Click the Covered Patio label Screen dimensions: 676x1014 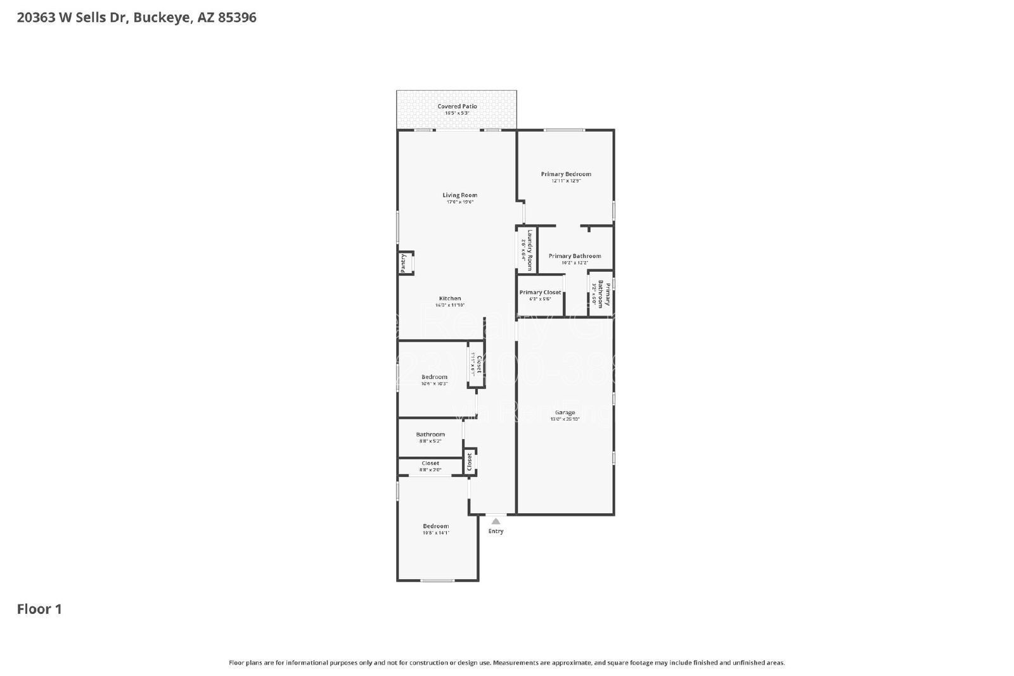pos(457,106)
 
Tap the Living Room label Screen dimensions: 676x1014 pos(459,195)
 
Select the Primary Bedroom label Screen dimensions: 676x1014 pos(566,174)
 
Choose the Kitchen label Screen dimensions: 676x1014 pos(450,298)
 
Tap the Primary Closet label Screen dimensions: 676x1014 pos(540,292)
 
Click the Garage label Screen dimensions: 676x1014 pos(565,412)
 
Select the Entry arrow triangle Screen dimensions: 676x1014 pos(496,521)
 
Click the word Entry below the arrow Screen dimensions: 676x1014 pos(496,531)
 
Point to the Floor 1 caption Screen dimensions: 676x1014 pos(39,609)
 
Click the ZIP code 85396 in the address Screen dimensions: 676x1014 pos(237,17)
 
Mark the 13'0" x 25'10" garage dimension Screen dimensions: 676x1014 pos(565,419)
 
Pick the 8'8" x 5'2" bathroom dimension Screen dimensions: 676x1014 pos(430,441)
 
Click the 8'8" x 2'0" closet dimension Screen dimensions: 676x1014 pos(430,470)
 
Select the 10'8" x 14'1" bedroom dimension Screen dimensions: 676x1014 pos(436,533)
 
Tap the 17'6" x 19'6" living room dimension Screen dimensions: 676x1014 pos(459,202)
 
